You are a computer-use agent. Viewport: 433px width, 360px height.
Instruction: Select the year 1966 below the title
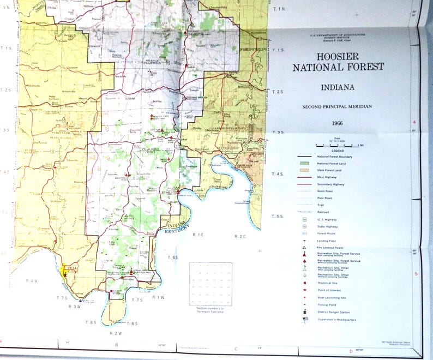(338, 124)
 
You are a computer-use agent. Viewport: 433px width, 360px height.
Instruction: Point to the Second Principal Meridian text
(338, 106)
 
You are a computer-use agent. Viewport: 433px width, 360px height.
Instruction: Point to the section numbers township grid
(211, 284)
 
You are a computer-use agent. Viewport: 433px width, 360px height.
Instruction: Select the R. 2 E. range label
(240, 236)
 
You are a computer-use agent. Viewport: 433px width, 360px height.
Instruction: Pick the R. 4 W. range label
(31, 280)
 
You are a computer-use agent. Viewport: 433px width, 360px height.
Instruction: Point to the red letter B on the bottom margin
(116, 345)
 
